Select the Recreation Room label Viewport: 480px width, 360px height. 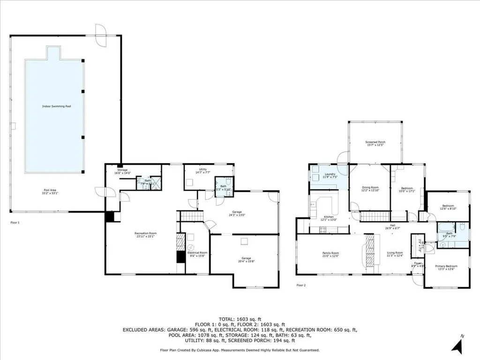click(x=145, y=234)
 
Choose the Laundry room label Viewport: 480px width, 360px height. click(x=330, y=175)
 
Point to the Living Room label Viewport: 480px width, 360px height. click(x=394, y=254)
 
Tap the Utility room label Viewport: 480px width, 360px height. click(x=203, y=171)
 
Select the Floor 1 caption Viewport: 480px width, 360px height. click(x=15, y=223)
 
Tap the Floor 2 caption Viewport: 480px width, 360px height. click(x=301, y=285)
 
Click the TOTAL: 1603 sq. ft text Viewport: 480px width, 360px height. click(x=240, y=318)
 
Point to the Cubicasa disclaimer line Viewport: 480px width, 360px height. click(x=240, y=350)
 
